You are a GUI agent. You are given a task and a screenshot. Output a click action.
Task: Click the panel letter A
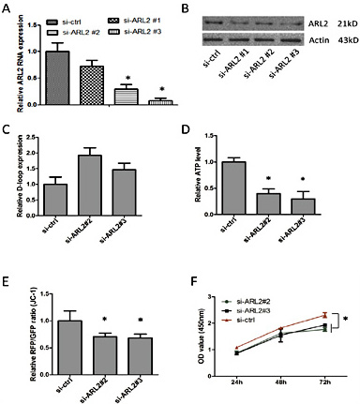coord(7,8)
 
